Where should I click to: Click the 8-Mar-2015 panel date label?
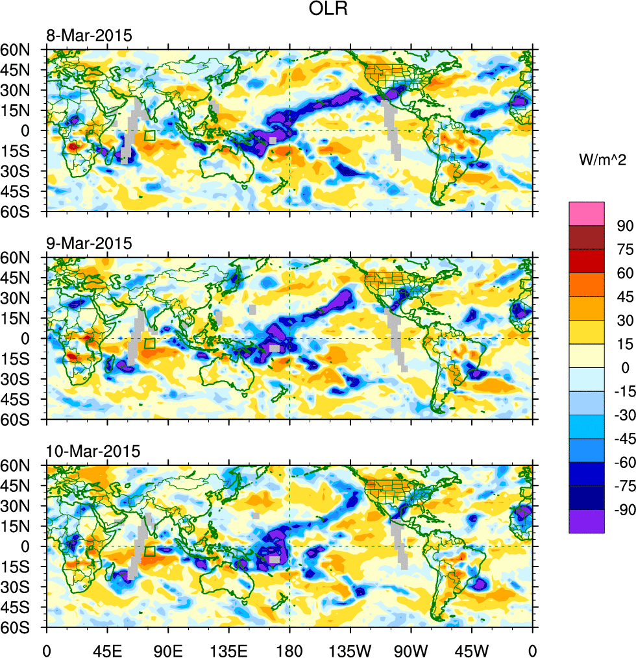89,36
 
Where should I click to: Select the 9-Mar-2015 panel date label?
89,244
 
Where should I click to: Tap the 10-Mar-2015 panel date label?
92,452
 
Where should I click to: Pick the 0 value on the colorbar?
625,368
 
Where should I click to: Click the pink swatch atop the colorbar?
586,213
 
